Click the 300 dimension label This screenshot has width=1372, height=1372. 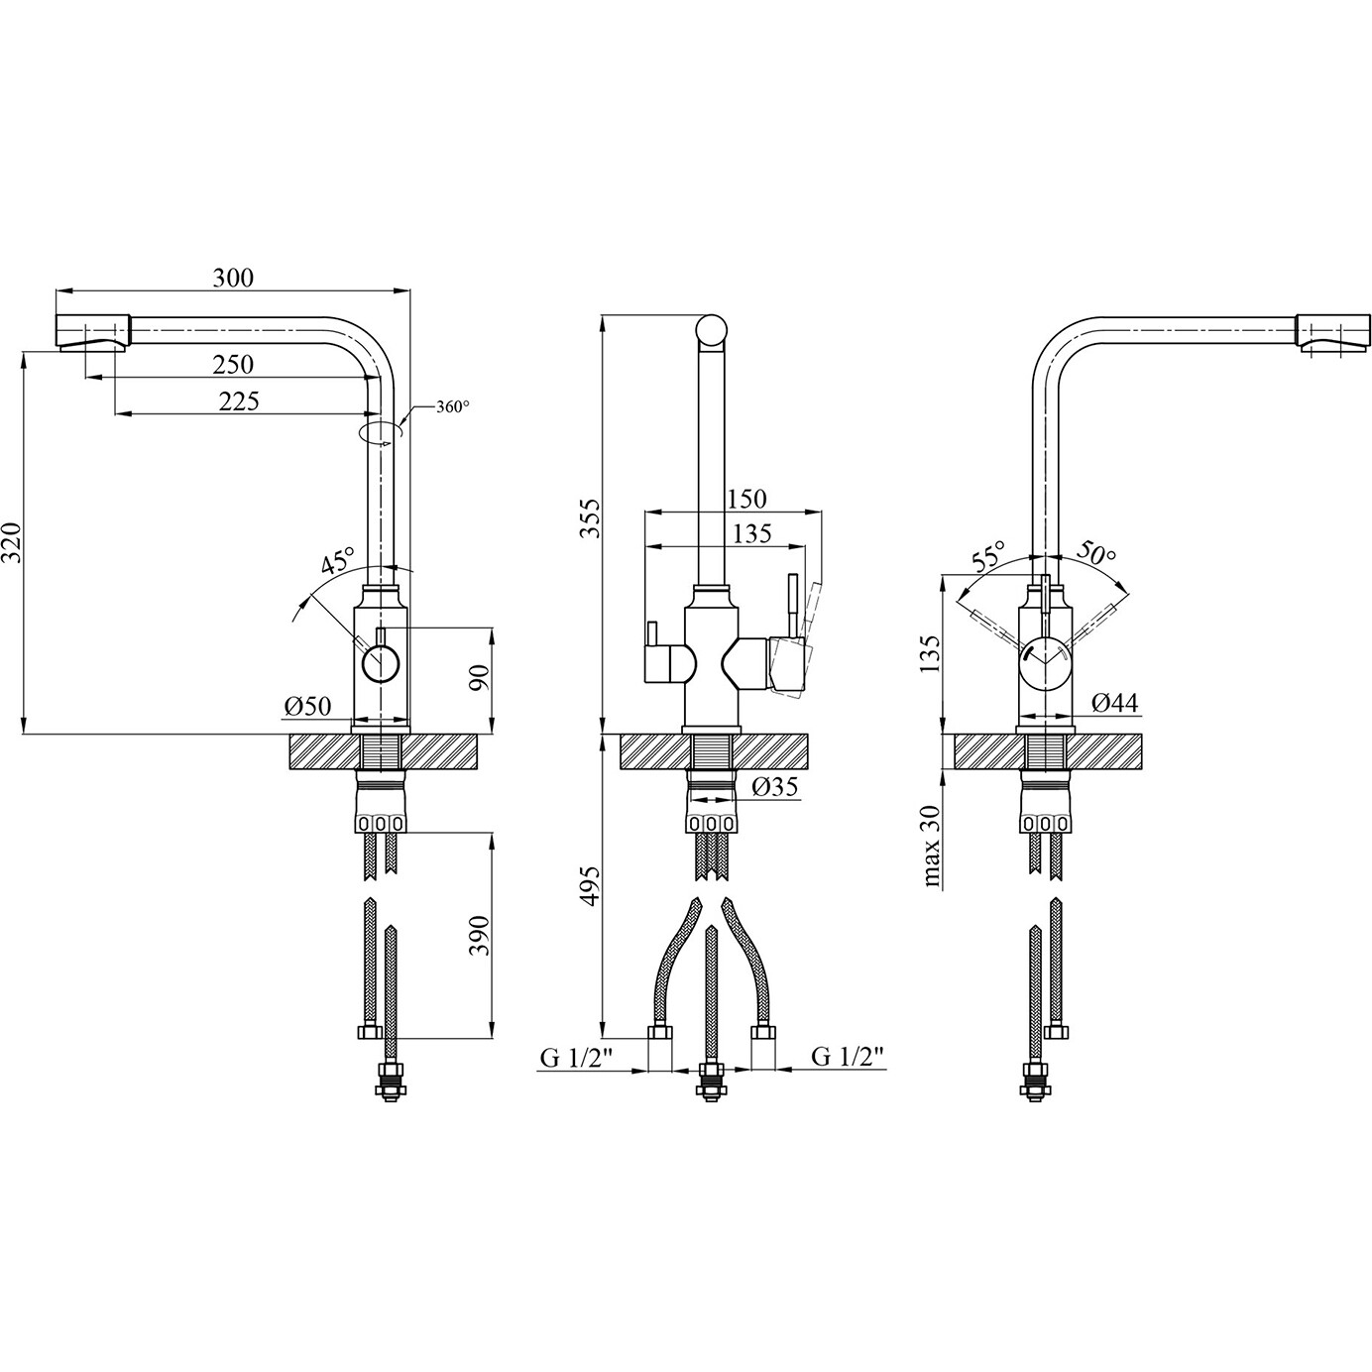pyautogui.click(x=233, y=278)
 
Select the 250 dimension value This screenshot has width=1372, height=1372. pyautogui.click(x=233, y=365)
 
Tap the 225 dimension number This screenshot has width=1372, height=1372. pyautogui.click(x=239, y=401)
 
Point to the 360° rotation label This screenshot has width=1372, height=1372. pyautogui.click(x=453, y=407)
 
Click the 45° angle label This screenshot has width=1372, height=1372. pyautogui.click(x=337, y=560)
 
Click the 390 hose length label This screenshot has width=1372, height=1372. pyautogui.click(x=481, y=936)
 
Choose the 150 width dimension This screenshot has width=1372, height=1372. pyautogui.click(x=745, y=499)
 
